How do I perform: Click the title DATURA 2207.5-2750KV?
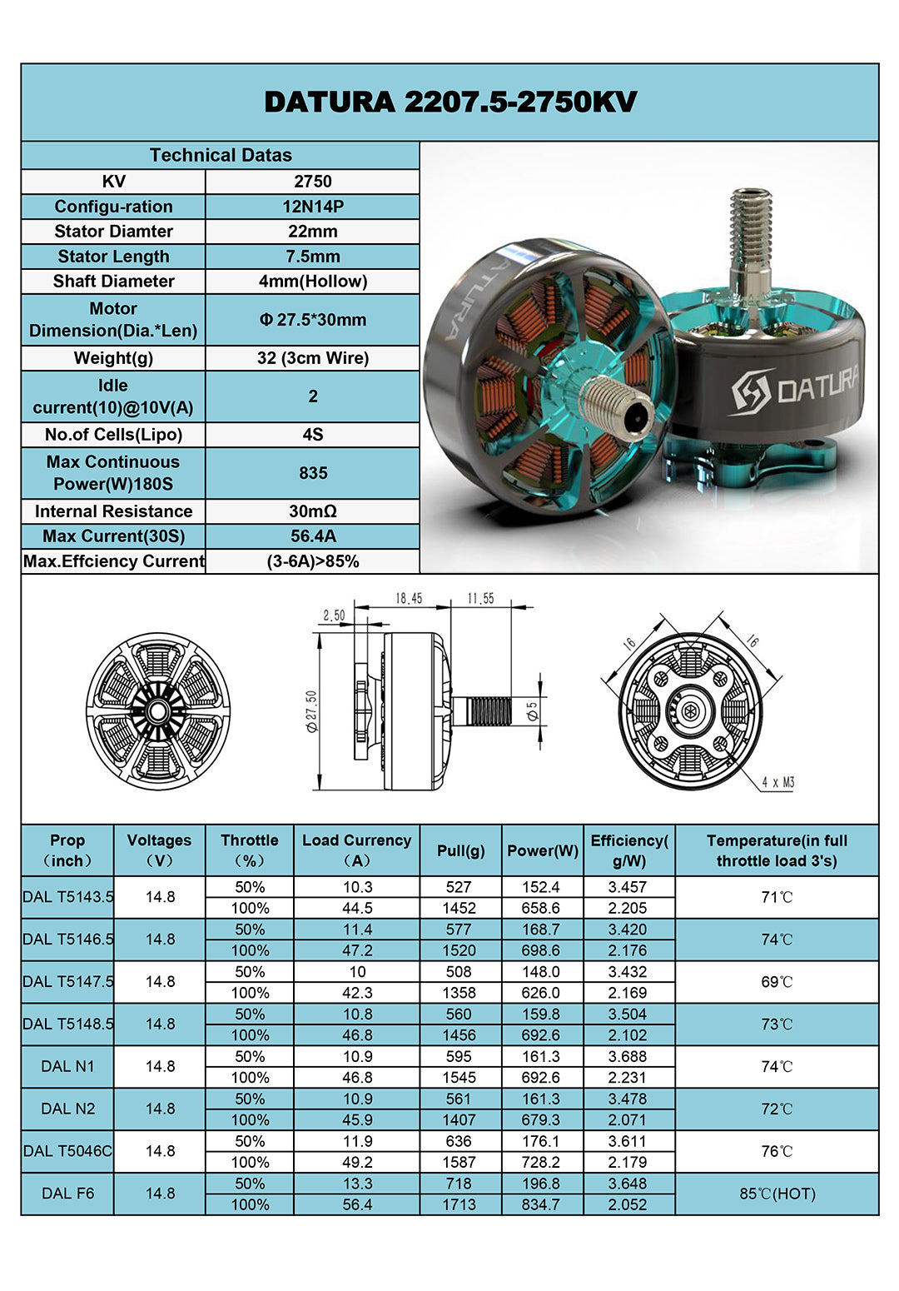[x=449, y=102]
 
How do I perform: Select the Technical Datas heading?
[x=221, y=155]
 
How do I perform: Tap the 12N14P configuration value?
[x=312, y=207]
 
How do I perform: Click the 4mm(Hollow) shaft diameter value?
[x=312, y=281]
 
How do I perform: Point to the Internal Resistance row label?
[x=113, y=511]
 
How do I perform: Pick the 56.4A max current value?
[x=312, y=536]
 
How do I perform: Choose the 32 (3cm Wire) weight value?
[x=312, y=358]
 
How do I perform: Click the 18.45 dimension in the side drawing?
[x=409, y=598]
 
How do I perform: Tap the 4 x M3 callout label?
[x=777, y=782]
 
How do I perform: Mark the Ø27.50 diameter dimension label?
[x=312, y=710]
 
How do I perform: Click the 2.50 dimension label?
[x=334, y=616]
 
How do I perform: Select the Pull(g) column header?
[x=460, y=850]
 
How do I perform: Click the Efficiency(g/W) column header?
[x=628, y=850]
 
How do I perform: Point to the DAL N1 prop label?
[x=67, y=1066]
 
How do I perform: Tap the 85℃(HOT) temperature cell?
[x=777, y=1194]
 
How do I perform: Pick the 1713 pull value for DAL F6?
[x=459, y=1204]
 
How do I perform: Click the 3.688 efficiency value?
[x=627, y=1056]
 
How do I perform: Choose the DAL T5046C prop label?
[x=67, y=1151]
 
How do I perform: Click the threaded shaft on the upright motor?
[x=751, y=237]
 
